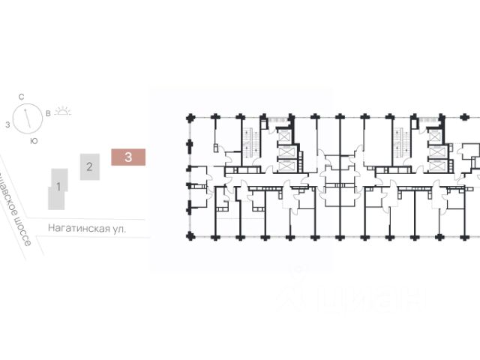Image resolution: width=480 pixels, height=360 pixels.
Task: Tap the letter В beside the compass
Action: pos(49,114)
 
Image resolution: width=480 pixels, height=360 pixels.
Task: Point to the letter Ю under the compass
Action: pos(34,140)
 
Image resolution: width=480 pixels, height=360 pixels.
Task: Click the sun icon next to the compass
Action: pos(64,112)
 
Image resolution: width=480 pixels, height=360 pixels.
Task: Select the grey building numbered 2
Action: pos(89,166)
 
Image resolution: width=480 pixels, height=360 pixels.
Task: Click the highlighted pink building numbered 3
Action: pos(129,157)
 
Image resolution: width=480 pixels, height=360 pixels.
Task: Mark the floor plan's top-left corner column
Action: pos(190,118)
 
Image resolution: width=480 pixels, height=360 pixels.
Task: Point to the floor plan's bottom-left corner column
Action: pos(190,235)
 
